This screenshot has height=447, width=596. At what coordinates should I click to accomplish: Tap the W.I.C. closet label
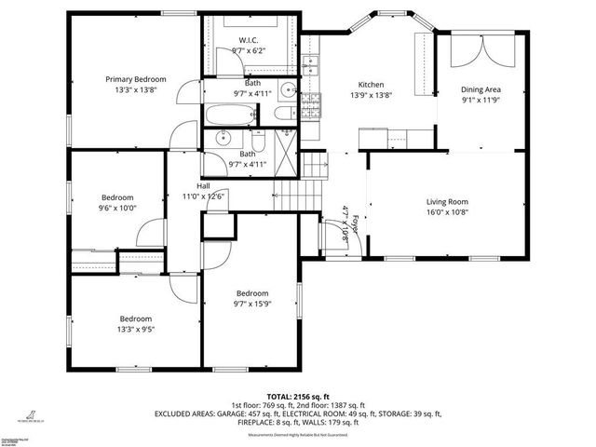[x=248, y=40]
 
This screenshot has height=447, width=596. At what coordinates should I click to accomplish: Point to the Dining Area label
[x=481, y=89]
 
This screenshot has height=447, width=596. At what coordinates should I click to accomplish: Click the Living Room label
[x=447, y=201]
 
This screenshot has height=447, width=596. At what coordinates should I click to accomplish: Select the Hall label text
[x=202, y=184]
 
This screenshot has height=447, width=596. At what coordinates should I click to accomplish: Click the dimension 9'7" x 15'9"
[x=252, y=303]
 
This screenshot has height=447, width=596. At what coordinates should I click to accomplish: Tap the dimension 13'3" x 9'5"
[x=136, y=329]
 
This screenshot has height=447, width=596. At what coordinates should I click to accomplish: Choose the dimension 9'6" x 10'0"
[x=118, y=209]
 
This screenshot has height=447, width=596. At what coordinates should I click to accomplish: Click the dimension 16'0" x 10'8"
[x=447, y=211]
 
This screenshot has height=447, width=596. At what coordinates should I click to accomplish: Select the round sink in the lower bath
[x=223, y=138]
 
